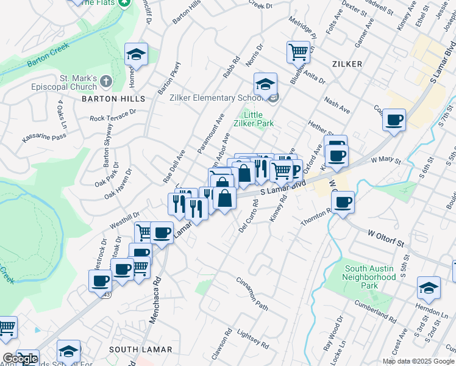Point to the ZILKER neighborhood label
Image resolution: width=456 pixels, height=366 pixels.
[347, 64]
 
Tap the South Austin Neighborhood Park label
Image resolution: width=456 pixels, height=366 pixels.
[370, 277]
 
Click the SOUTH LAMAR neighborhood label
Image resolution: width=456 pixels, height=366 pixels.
[140, 350]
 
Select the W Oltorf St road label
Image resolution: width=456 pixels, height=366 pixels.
[386, 238]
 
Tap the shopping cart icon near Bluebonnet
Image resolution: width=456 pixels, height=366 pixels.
[298, 51]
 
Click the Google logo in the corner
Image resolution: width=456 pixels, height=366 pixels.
[20, 359]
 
